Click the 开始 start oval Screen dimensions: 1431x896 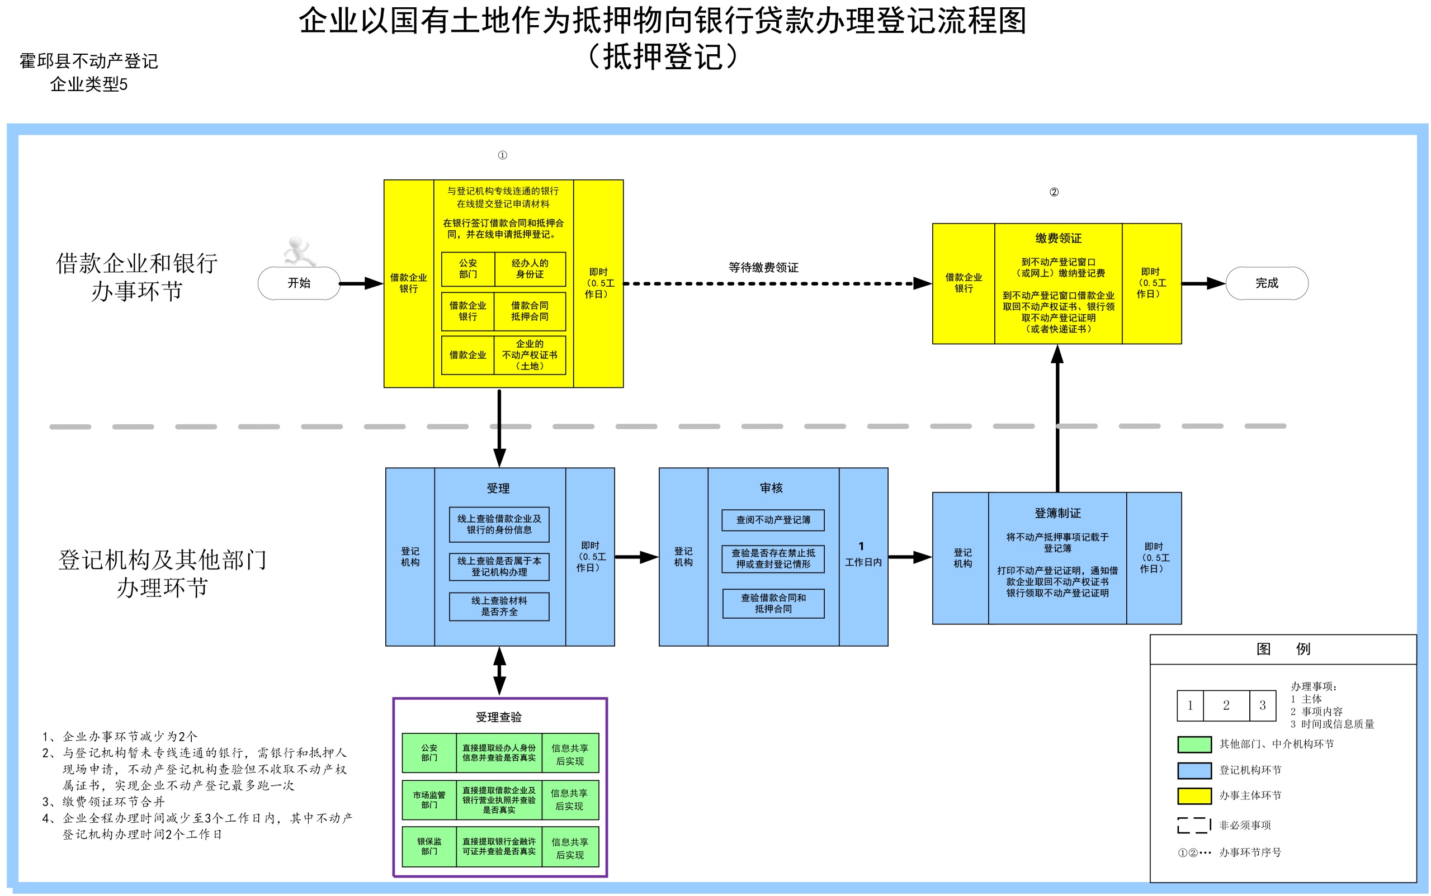[299, 283]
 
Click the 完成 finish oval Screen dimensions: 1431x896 [1267, 283]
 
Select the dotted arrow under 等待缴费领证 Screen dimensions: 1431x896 [777, 283]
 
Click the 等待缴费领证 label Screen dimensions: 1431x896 [763, 267]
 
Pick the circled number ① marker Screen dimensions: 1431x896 [502, 155]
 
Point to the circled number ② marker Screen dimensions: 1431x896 [1054, 192]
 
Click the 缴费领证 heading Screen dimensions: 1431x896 [1058, 238]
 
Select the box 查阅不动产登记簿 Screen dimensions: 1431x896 [773, 520]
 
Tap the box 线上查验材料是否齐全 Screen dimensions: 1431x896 [499, 606]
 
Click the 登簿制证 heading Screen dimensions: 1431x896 [1057, 513]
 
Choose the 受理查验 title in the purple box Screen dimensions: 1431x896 [499, 717]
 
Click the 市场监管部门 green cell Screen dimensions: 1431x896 [429, 800]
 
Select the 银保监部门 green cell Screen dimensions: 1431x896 [429, 846]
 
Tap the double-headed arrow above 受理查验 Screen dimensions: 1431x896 [500, 671]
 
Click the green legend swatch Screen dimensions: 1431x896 [1194, 745]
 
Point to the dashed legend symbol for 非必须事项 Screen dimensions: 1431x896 [1194, 825]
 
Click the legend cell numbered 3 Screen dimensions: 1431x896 [1263, 705]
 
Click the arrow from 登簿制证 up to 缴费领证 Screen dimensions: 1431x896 [1057, 418]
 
